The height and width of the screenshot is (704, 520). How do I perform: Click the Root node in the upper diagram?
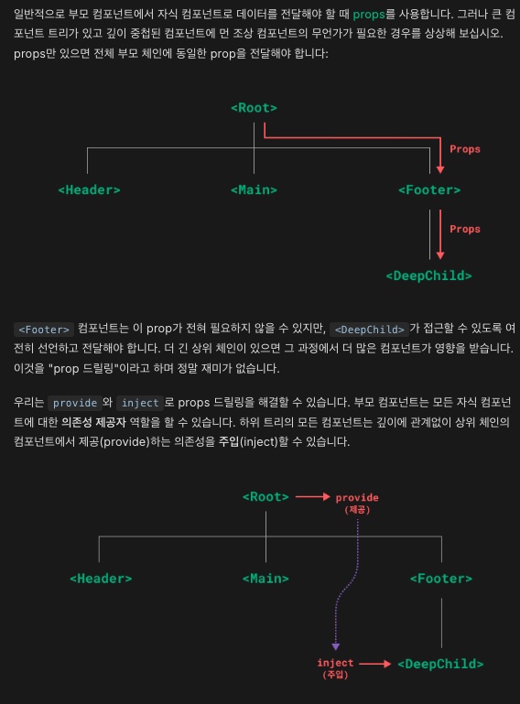click(x=254, y=108)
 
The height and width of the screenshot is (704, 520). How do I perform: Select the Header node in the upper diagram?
click(x=89, y=190)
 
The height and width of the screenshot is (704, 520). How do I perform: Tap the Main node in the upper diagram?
click(x=254, y=190)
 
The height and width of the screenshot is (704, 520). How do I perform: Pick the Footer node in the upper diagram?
click(x=429, y=190)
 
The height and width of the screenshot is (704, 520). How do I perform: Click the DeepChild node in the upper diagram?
click(x=428, y=276)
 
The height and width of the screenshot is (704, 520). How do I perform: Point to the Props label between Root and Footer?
click(x=465, y=149)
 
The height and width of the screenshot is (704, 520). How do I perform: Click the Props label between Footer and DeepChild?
click(x=465, y=229)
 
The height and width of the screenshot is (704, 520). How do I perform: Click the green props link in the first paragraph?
click(x=369, y=15)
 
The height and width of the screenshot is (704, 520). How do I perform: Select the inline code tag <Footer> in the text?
click(x=44, y=330)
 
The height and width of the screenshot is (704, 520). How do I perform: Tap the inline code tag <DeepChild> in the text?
click(x=369, y=330)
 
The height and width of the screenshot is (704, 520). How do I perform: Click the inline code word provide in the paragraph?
click(x=75, y=403)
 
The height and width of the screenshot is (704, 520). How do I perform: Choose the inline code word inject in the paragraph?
click(x=140, y=403)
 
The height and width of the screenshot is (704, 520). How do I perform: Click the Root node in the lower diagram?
click(x=265, y=496)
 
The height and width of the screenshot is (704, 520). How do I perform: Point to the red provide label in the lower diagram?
click(x=357, y=503)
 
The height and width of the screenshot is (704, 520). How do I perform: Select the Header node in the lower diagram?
click(x=101, y=579)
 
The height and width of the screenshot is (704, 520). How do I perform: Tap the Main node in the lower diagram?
click(x=265, y=579)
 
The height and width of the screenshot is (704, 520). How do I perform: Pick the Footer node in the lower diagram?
click(x=441, y=579)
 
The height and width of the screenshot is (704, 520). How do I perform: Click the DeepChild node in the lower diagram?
click(x=440, y=664)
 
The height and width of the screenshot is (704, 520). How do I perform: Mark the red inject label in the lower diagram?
click(x=335, y=668)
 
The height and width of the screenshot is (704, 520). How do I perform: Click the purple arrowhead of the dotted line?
click(x=335, y=647)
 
